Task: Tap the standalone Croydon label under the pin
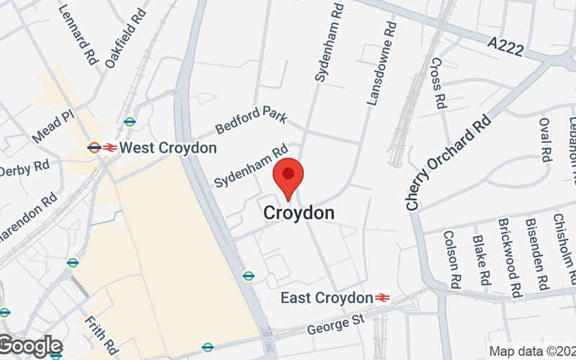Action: coord(299,213)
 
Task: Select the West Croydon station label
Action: coord(168,148)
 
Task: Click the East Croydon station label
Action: coord(326,297)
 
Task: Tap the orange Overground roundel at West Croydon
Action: coord(94,148)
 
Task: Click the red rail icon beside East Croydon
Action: coord(382,297)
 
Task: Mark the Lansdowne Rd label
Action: coord(382,64)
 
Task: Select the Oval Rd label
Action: coord(544,139)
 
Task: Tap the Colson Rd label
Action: coord(453,257)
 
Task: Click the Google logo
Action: coord(30,346)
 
